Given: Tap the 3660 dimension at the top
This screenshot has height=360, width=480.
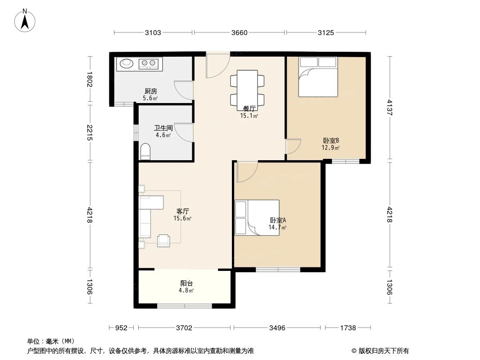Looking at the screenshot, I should pos(239,32).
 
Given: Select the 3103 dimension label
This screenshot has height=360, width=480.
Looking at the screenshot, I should pos(153,32).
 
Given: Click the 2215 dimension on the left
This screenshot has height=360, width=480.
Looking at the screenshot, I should pos(90,133).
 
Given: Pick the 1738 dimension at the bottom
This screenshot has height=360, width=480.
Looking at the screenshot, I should pos(348,328).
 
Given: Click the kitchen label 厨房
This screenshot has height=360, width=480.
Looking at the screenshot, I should pos(150,91).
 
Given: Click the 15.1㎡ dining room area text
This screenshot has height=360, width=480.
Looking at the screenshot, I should pos(249,116).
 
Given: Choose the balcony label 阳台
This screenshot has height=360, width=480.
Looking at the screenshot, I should pos(187,283).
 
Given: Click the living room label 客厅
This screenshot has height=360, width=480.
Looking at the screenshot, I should pos(182,211).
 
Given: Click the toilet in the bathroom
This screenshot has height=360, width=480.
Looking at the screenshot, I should pos(145,152).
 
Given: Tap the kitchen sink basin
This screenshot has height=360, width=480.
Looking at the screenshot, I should pos(126,63).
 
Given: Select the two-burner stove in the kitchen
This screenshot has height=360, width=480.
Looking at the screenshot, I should pos(148,63).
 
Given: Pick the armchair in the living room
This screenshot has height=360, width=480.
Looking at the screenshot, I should pos(163,240).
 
